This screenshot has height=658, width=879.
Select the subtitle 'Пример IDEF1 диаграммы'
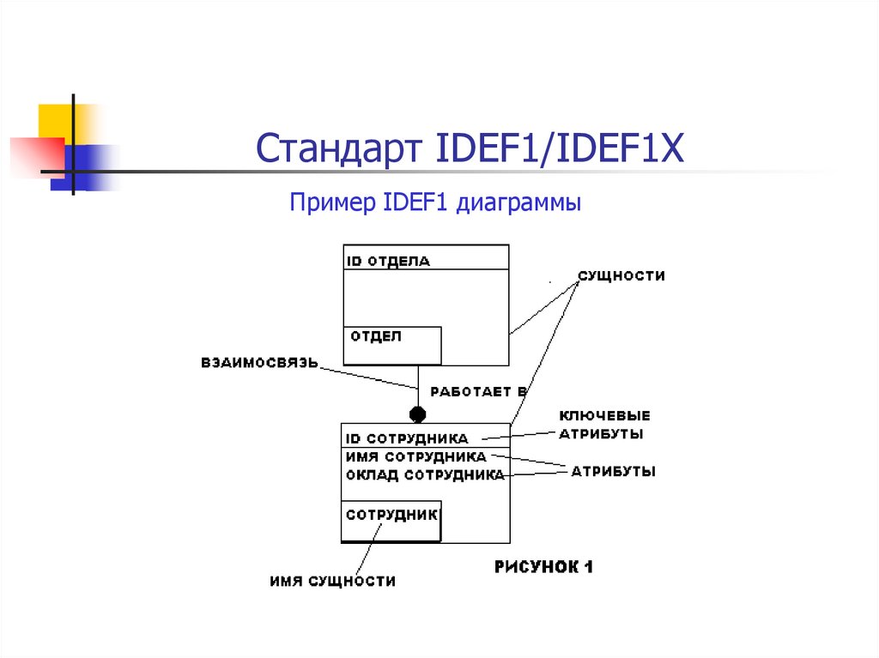tap(435, 203)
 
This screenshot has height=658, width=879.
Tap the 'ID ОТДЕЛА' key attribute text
tap(388, 261)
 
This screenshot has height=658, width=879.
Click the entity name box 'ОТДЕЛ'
tap(392, 345)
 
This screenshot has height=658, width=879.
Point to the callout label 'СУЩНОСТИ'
tap(621, 276)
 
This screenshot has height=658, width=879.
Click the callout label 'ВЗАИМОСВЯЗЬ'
tap(259, 362)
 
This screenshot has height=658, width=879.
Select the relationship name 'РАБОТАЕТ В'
tap(478, 391)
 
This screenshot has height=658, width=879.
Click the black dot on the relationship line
tap(418, 414)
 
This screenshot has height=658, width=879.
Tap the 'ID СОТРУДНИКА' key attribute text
tap(407, 438)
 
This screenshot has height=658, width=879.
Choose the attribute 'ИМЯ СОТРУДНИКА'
tap(416, 456)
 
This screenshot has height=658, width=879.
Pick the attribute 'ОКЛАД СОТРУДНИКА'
tap(425, 474)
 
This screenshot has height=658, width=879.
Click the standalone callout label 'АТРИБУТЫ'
tap(614, 471)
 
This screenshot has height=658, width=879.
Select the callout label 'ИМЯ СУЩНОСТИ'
tap(332, 582)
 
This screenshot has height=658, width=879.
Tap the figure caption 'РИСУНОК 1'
tap(544, 567)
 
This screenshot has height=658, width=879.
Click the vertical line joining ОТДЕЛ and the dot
tap(418, 385)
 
